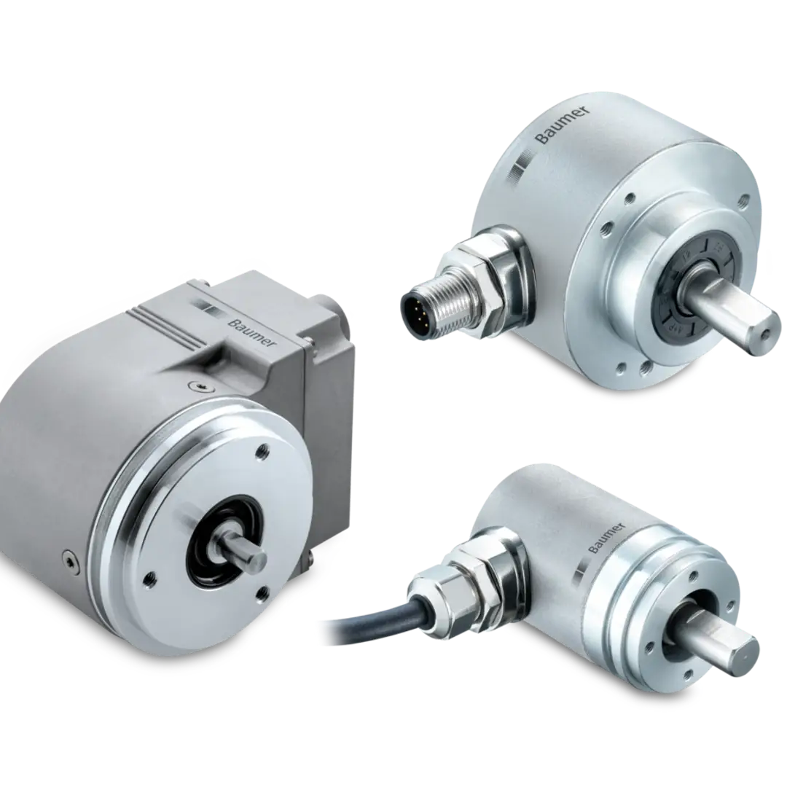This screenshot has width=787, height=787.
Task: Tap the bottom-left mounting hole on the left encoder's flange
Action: point(151,579)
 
